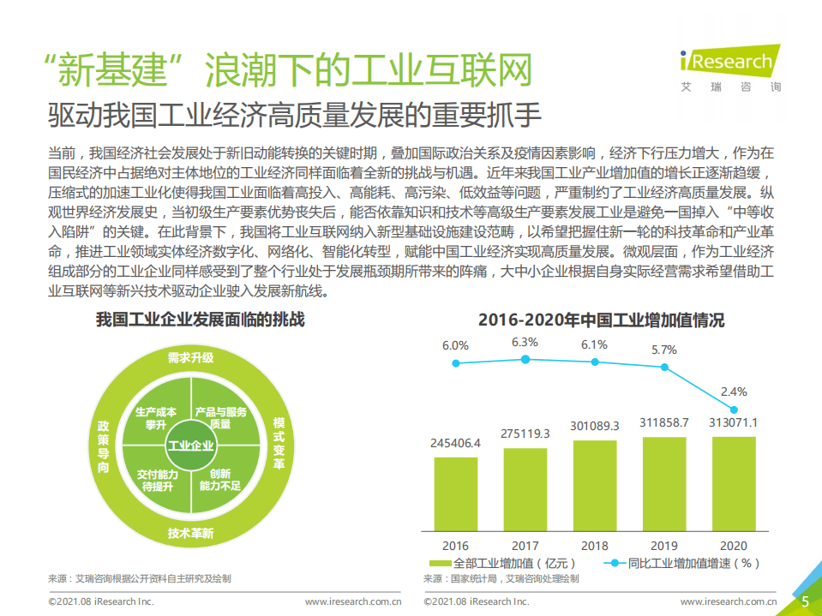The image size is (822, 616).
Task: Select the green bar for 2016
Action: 456,493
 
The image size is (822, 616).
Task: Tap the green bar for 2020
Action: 734,484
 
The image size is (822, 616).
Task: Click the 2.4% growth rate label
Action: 734,392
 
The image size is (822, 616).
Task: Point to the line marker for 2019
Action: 664,366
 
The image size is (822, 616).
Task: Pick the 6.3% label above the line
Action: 525,343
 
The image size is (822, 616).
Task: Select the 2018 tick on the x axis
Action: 595,545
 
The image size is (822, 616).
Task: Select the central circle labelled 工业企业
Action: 190,446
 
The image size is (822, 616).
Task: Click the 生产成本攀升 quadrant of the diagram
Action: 156,418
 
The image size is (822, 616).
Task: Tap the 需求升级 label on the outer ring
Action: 190,357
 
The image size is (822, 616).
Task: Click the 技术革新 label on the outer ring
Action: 190,534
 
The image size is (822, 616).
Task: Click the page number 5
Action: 805,601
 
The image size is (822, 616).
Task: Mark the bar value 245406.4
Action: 455,443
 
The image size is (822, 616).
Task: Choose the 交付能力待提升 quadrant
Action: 156,480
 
